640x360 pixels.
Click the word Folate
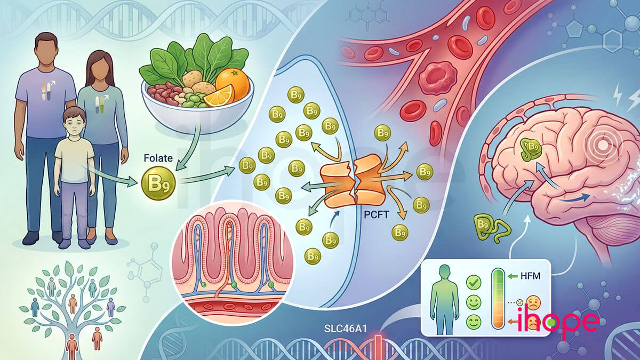(x=158, y=158)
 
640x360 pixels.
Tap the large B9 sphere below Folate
(x=158, y=183)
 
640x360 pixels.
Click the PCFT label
(x=377, y=214)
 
